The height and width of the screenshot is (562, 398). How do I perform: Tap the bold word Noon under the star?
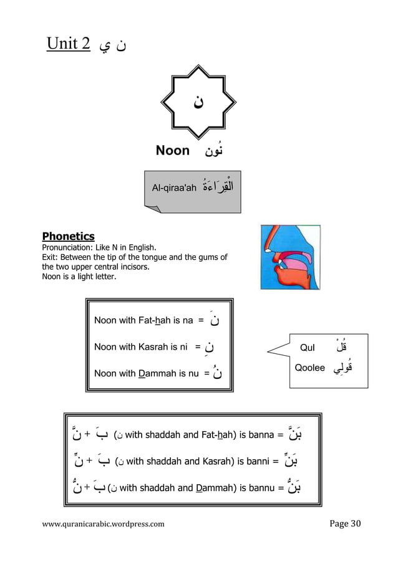[x=172, y=150]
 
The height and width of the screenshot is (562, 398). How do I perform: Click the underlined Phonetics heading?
[x=68, y=236]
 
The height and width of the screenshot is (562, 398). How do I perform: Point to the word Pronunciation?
[x=67, y=247]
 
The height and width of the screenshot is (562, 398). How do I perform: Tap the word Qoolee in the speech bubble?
[x=309, y=368]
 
